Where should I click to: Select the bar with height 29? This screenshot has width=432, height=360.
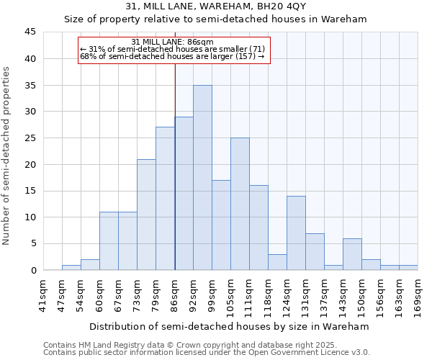(184, 194)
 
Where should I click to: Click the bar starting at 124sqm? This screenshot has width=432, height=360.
(296, 233)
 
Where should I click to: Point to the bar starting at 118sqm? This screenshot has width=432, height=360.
(277, 262)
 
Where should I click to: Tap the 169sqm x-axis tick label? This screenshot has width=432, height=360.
(418, 294)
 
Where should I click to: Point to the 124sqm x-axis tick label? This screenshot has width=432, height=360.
(287, 294)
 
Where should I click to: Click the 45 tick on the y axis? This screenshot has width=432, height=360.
(30, 32)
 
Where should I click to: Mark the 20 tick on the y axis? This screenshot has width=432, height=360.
(30, 164)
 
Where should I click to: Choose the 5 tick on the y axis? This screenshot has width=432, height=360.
(33, 244)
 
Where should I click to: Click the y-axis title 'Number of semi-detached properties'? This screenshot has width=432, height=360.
(6, 156)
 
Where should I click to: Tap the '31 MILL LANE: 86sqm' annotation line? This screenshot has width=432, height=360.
(173, 42)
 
